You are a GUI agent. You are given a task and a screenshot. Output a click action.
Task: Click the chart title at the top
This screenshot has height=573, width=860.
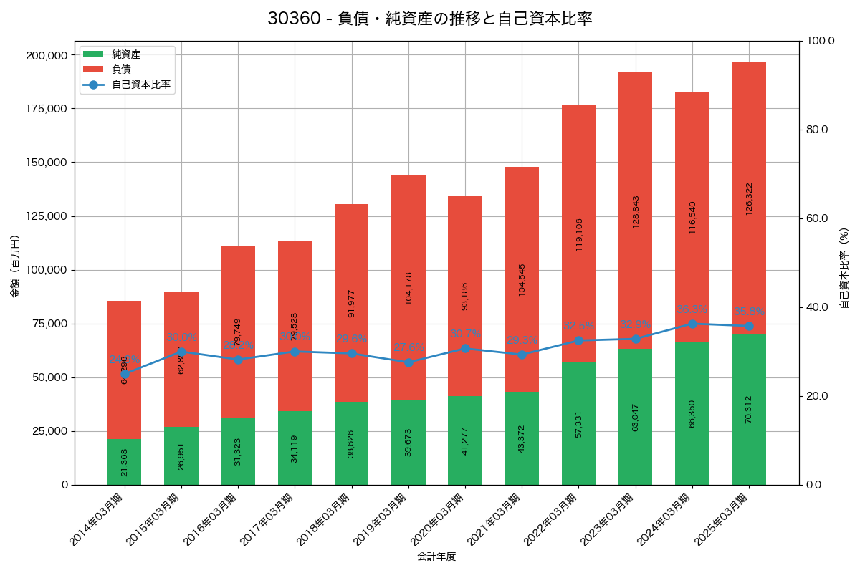pyautogui.click(x=430, y=19)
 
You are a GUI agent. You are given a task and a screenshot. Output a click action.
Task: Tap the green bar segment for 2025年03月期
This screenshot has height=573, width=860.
pyautogui.click(x=749, y=409)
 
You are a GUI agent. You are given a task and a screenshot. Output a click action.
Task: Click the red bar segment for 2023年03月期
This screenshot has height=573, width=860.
pyautogui.click(x=636, y=211)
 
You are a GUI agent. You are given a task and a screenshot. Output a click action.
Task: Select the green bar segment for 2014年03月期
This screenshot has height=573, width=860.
pyautogui.click(x=125, y=462)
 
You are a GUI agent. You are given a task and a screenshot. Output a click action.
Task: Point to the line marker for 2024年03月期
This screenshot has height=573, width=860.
pyautogui.click(x=692, y=324)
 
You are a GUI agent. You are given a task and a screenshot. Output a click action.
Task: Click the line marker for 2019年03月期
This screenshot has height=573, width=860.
pyautogui.click(x=408, y=362)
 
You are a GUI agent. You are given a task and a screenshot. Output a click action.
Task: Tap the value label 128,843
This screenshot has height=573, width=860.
pyautogui.click(x=636, y=212)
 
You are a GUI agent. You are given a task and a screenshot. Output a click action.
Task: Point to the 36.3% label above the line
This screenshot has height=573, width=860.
pyautogui.click(x=692, y=309)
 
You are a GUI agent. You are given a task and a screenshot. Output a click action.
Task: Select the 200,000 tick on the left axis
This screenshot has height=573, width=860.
pyautogui.click(x=47, y=55)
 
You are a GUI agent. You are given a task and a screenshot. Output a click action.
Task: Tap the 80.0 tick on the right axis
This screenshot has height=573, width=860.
pyautogui.click(x=816, y=130)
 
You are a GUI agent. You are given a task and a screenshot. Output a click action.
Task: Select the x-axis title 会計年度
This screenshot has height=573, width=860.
pyautogui.click(x=436, y=557)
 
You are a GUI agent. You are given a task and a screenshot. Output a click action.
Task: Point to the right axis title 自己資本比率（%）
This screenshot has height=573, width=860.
pyautogui.click(x=844, y=268)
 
